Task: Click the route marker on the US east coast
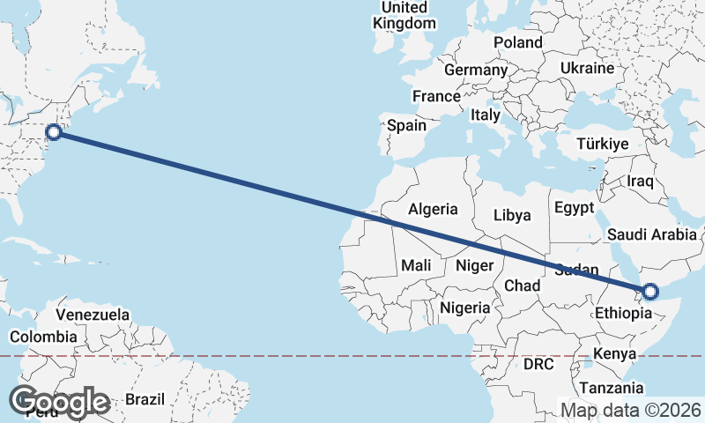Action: tap(54, 132)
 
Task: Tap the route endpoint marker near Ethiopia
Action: tap(650, 292)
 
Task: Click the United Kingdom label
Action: tap(404, 16)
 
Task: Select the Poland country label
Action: tap(518, 42)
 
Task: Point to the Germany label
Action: tap(476, 70)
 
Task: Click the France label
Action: tap(436, 96)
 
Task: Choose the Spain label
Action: tap(407, 125)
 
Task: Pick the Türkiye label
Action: tap(602, 144)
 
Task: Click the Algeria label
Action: tap(433, 209)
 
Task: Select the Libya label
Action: tap(512, 215)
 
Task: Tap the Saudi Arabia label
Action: tap(653, 234)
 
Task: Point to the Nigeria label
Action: tap(464, 308)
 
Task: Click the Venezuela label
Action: tap(93, 315)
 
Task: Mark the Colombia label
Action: tap(43, 336)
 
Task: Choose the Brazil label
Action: tap(145, 398)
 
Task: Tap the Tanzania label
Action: tap(611, 388)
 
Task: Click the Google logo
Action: tap(59, 402)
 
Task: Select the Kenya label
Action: tap(614, 353)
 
